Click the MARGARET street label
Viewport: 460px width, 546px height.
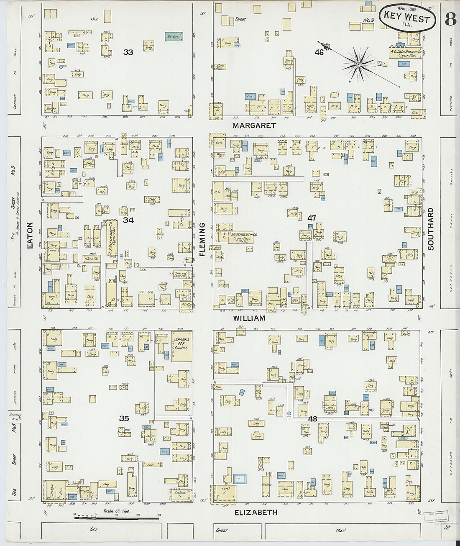tap(255, 125)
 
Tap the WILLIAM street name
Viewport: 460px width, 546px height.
tap(249, 318)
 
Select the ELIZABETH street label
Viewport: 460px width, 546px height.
tap(256, 512)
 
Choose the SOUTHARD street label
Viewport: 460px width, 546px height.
tap(431, 229)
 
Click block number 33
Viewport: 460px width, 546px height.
tap(128, 52)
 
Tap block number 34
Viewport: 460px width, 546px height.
tap(128, 220)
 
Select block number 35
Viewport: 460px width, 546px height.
tap(124, 418)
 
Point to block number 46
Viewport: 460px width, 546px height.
tap(319, 53)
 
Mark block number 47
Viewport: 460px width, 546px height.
tap(312, 218)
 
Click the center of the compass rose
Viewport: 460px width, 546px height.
tap(358, 65)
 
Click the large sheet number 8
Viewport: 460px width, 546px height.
tap(450, 19)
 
